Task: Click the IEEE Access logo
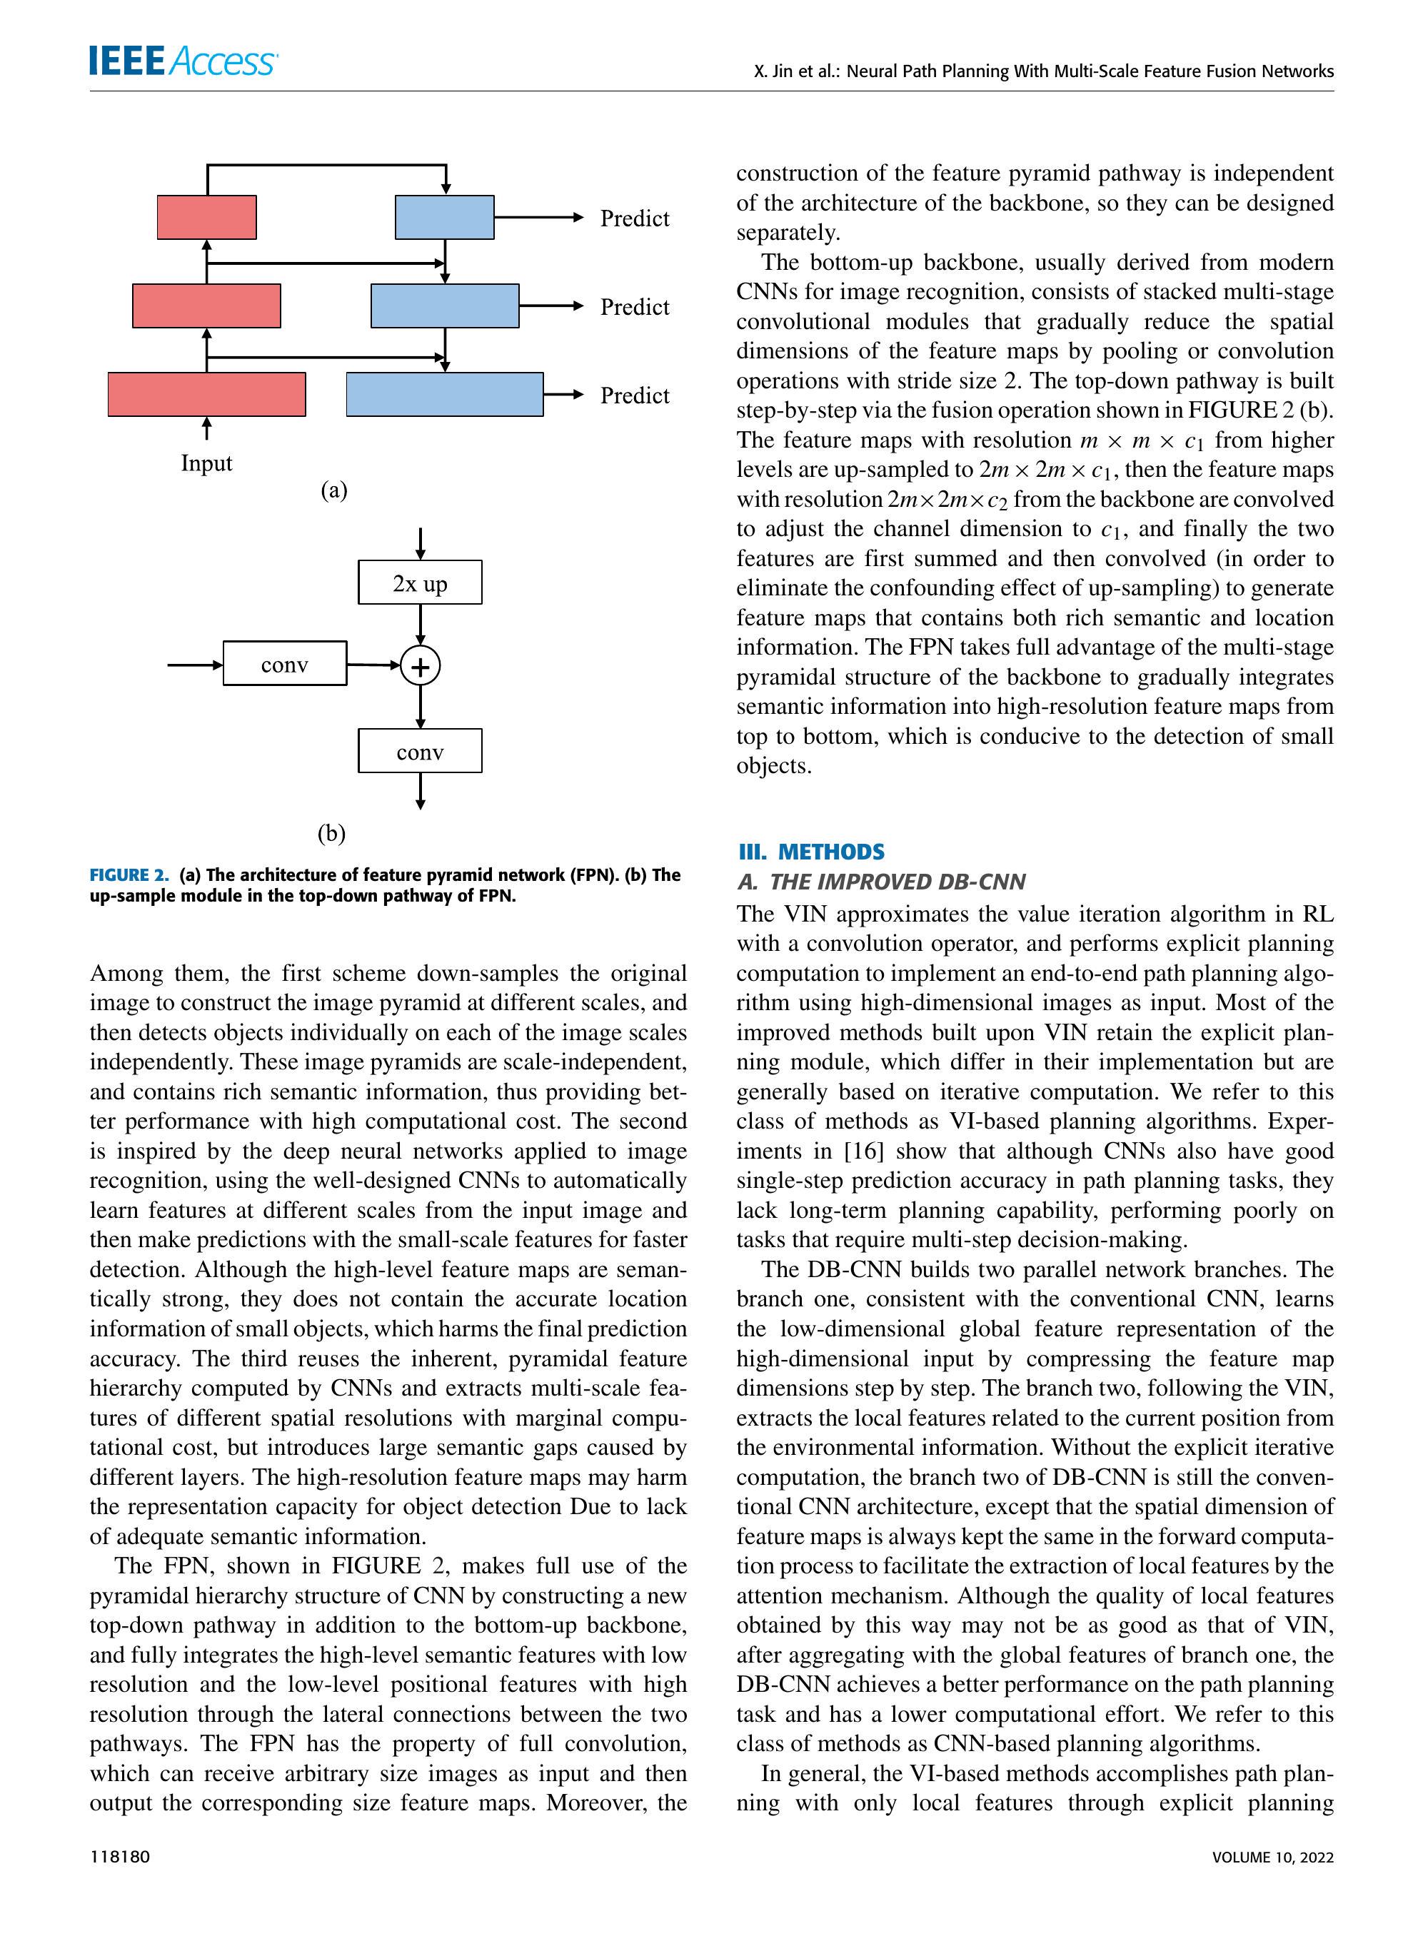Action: [182, 61]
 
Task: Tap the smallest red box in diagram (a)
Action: [206, 217]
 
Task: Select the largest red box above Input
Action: [206, 394]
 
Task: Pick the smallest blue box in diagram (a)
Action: [444, 217]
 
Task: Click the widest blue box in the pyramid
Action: [444, 394]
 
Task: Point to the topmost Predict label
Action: [635, 218]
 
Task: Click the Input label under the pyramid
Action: [206, 463]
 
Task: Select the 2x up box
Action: [420, 583]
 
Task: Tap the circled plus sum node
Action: [420, 666]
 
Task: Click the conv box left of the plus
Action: [284, 664]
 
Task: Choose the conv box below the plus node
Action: [420, 751]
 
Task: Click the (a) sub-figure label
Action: [333, 491]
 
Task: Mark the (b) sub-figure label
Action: [331, 833]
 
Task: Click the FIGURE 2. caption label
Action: [130, 874]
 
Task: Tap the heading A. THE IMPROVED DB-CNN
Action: [881, 882]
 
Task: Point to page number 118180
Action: [119, 1856]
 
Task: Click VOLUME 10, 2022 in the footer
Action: [1272, 1856]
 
